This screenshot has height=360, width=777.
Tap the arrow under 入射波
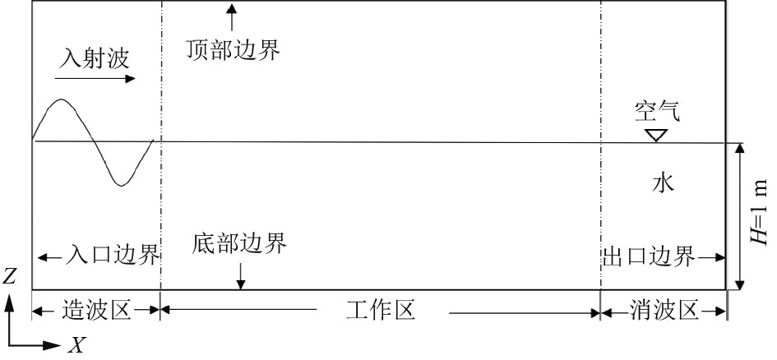click(x=95, y=79)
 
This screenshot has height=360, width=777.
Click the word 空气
click(x=657, y=109)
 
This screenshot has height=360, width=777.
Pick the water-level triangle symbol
click(x=656, y=134)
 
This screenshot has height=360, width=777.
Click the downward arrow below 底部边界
click(x=240, y=276)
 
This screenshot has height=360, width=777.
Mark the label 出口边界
click(x=645, y=255)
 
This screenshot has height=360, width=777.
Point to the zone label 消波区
click(x=664, y=311)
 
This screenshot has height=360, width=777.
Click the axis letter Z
click(x=10, y=277)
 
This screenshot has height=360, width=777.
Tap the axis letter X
click(x=76, y=346)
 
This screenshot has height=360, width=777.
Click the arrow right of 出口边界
click(x=711, y=256)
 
